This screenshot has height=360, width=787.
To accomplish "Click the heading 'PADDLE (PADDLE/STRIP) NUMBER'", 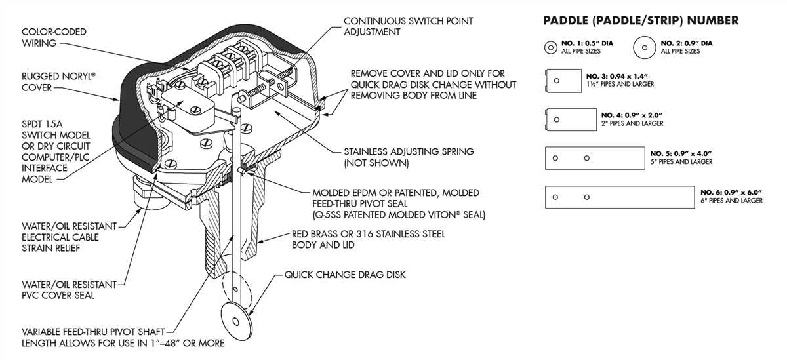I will point(641,21).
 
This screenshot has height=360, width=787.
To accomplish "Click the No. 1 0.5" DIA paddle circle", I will point(553,47).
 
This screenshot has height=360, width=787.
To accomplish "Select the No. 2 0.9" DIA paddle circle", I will point(645,47).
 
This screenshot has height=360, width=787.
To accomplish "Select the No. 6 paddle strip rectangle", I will point(620,197).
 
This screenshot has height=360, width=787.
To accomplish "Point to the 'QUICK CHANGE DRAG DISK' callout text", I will point(344,275).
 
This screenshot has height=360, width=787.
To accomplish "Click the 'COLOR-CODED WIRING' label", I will point(54,37).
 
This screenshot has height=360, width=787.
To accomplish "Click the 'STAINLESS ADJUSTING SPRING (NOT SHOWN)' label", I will point(409,157).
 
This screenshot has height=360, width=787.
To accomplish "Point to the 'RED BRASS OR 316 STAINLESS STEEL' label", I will point(368,234).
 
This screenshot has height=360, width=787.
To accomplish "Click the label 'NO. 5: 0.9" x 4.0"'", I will point(681,153).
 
